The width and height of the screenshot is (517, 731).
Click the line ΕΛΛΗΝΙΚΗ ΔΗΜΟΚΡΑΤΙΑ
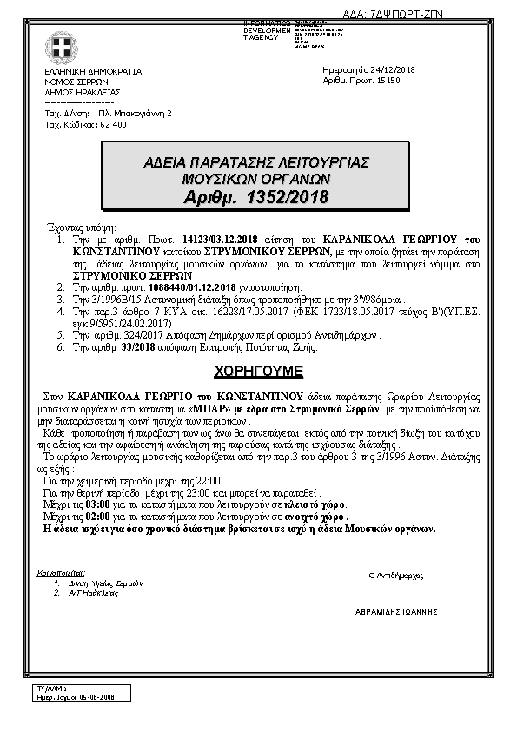[93, 71]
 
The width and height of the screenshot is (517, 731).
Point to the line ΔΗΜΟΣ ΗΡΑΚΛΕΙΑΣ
[83, 91]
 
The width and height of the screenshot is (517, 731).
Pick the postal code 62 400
[113, 124]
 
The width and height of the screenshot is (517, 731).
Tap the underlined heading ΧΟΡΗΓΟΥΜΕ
[258, 371]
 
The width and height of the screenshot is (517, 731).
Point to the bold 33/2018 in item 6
[136, 347]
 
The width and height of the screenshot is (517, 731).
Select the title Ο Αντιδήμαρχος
[395, 575]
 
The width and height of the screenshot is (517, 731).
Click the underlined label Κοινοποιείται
[63, 573]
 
